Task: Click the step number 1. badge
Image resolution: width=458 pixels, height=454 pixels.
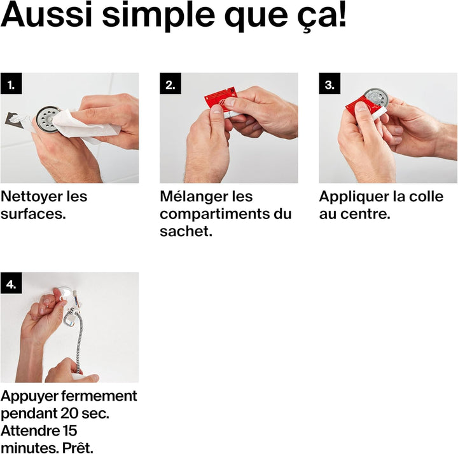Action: [x=11, y=83]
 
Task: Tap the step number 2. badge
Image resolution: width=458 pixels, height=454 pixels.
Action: [x=170, y=83]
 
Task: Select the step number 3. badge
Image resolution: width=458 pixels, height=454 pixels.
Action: [x=330, y=83]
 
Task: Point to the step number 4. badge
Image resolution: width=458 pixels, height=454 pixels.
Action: [x=11, y=283]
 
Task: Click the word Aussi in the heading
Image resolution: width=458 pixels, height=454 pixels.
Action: [x=46, y=15]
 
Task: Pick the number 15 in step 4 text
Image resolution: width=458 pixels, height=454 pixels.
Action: [x=69, y=431]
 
